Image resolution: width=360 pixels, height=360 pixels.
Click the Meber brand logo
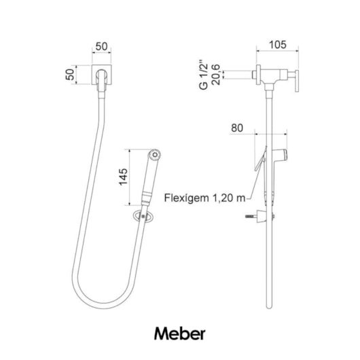(x=179, y=334)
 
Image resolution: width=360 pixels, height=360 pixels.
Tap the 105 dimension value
(x=278, y=45)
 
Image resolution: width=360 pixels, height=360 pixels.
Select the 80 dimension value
(x=237, y=128)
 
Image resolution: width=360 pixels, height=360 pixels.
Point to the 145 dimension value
(x=123, y=177)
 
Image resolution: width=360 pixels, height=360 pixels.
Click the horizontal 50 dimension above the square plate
(x=101, y=46)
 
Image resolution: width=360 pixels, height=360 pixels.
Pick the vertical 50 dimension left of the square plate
(x=70, y=75)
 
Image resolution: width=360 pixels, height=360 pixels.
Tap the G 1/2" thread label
(x=204, y=75)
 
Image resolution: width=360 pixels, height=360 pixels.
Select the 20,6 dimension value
(x=216, y=75)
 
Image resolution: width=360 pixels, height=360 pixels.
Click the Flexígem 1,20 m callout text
(x=205, y=198)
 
